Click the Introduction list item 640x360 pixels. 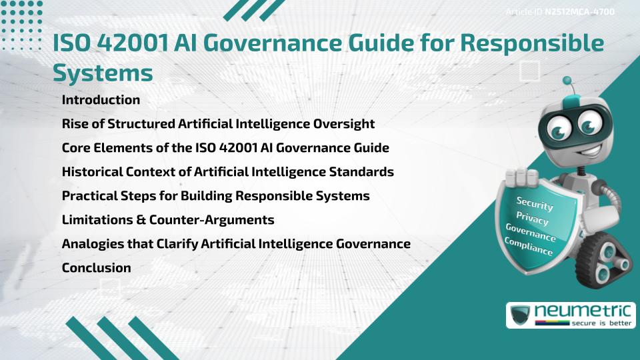pyautogui.click(x=101, y=100)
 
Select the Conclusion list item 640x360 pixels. pyautogui.click(x=96, y=268)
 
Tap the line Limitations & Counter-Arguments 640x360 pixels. pyautogui.click(x=168, y=220)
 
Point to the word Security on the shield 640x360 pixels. pyautogui.click(x=535, y=204)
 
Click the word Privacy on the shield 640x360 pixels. pyautogui.click(x=532, y=219)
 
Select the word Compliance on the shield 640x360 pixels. pyautogui.click(x=529, y=247)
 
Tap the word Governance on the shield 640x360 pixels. pyautogui.click(x=531, y=233)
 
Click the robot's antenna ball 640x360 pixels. pyautogui.click(x=567, y=81)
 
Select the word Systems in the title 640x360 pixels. pyautogui.click(x=103, y=72)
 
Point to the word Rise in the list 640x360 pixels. pyautogui.click(x=74, y=124)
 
